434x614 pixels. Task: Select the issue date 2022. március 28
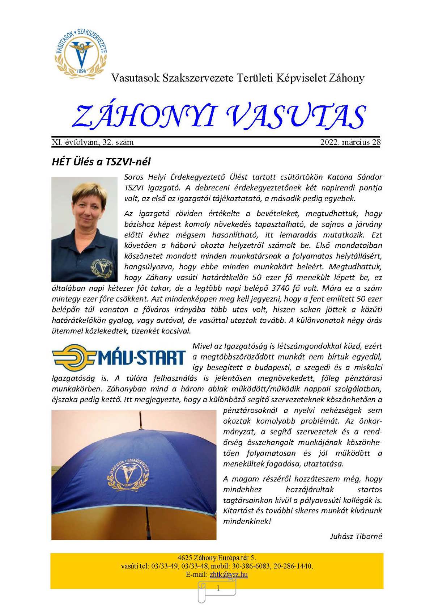pos(350,142)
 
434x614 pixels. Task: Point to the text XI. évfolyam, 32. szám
pos(93,142)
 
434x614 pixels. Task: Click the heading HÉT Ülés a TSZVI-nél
pos(101,161)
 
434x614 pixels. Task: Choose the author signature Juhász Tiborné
pos(356,536)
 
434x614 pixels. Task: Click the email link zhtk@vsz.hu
pos(229,575)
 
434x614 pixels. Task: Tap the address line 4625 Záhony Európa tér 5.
pos(217,558)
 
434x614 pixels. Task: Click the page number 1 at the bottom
pos(218,589)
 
